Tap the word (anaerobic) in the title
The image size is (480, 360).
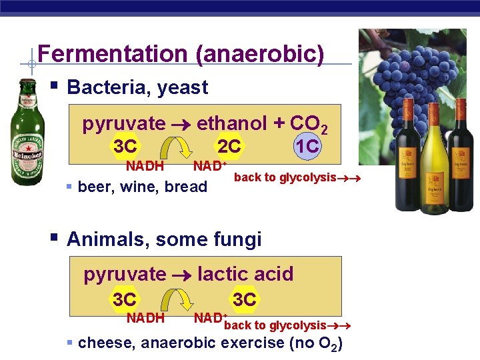pos(260,54)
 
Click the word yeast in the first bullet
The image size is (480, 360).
pos(183,87)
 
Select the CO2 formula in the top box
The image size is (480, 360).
pos(307,124)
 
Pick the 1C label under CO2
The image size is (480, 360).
pos(307,146)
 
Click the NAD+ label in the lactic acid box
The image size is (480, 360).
pos(209,317)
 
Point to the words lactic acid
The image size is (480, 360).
pos(245,274)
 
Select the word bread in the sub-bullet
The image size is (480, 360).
pos(186,187)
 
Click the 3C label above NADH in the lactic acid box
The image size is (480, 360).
pos(125,300)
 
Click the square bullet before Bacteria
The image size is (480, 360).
pos(55,87)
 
